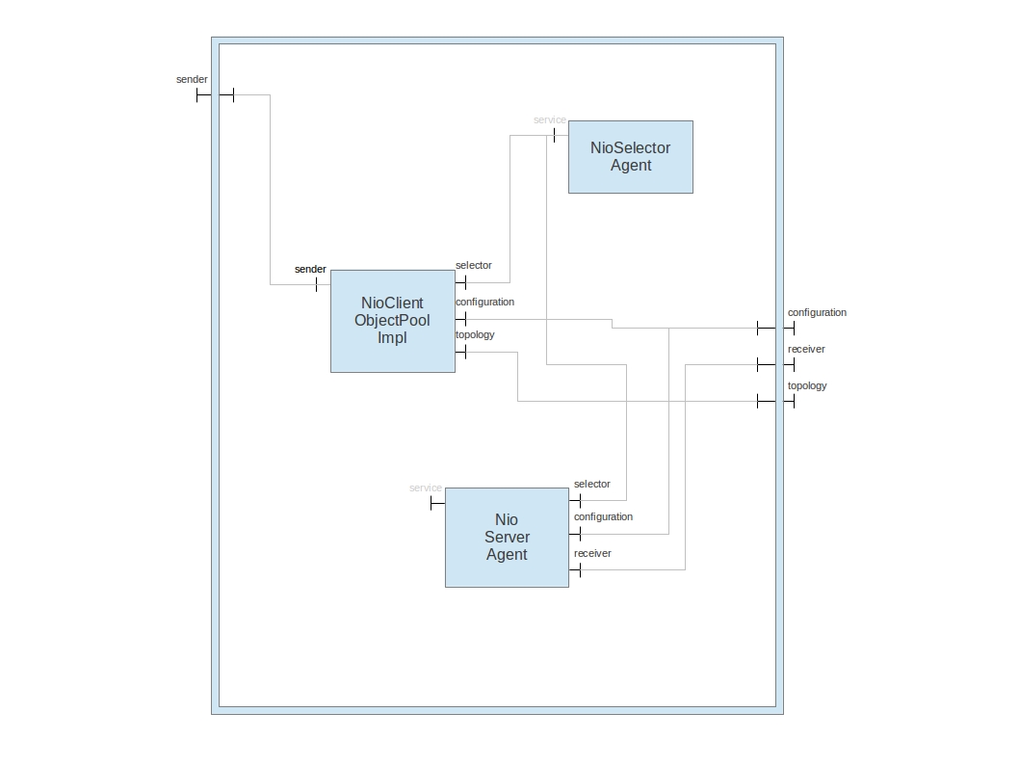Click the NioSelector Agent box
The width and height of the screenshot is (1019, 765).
[631, 157]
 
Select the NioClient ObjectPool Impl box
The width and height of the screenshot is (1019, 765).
[393, 321]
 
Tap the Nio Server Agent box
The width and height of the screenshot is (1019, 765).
[507, 538]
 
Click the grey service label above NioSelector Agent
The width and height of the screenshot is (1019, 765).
[550, 120]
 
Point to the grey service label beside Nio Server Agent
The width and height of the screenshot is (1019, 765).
[426, 488]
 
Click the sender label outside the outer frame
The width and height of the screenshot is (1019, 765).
[192, 80]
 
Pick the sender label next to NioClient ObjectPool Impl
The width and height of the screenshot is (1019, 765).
[310, 270]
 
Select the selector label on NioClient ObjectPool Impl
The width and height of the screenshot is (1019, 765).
[474, 266]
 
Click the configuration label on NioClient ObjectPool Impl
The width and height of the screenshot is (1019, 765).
[484, 303]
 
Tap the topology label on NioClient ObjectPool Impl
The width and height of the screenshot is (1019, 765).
[475, 335]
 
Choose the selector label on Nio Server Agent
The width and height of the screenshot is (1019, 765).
[592, 485]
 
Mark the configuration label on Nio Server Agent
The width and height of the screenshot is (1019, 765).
[603, 517]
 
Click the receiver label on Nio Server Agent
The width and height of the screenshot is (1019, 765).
[592, 554]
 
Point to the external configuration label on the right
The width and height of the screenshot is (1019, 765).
[817, 313]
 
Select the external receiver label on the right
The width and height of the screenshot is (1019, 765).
[806, 350]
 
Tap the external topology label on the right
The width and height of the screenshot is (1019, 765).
[807, 386]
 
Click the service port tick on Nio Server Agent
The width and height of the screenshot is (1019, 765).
[431, 503]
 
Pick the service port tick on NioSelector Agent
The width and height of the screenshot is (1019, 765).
[554, 136]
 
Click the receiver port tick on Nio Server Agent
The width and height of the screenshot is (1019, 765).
[580, 570]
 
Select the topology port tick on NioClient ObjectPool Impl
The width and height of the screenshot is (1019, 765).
[465, 353]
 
